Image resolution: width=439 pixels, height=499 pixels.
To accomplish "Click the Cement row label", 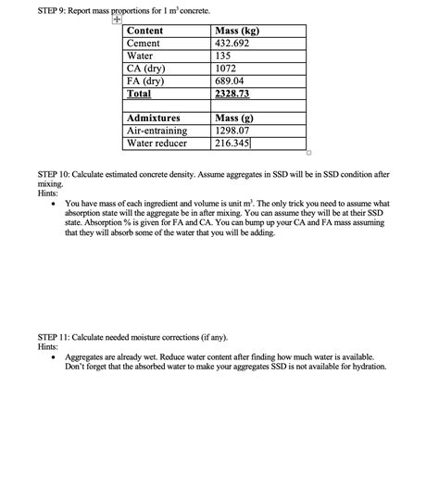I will (x=144, y=44).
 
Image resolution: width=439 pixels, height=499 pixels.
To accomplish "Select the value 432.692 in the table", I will (x=236, y=44).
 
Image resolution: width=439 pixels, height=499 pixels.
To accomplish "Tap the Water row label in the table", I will (x=140, y=56).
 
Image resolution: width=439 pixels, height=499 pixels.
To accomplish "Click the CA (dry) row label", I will (x=146, y=69).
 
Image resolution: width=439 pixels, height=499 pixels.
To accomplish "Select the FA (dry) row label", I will (x=146, y=81).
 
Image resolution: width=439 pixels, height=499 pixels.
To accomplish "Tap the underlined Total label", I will (x=138, y=94).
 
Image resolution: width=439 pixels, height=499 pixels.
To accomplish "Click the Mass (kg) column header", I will (x=236, y=31).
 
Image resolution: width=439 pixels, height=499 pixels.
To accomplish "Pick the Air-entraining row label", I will (x=157, y=131).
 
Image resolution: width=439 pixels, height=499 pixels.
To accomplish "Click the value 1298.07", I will (x=233, y=131).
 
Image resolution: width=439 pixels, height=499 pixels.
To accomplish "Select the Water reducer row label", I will (x=157, y=143).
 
